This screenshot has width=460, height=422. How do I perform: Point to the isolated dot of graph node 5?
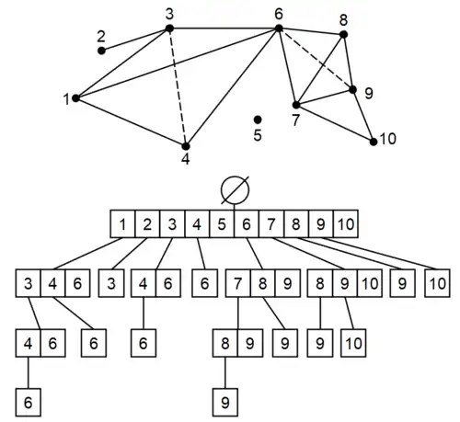[258, 120]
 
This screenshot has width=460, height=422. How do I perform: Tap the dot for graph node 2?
[102, 50]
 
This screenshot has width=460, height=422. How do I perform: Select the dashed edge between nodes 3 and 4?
[178, 87]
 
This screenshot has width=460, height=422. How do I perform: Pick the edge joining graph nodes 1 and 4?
[130, 121]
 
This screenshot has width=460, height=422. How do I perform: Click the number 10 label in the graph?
[388, 139]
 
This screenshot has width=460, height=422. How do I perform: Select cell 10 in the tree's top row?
[344, 223]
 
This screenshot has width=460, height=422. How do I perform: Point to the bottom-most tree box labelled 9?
[225, 403]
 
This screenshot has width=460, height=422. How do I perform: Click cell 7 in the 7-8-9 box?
[239, 281]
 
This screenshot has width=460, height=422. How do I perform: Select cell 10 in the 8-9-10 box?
[368, 281]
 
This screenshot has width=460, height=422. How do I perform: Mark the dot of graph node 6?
[279, 29]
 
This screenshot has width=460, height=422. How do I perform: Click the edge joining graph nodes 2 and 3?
[135, 40]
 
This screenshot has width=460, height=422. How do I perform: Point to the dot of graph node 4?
[185, 145]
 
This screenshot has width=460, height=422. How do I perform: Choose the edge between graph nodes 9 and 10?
[363, 116]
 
